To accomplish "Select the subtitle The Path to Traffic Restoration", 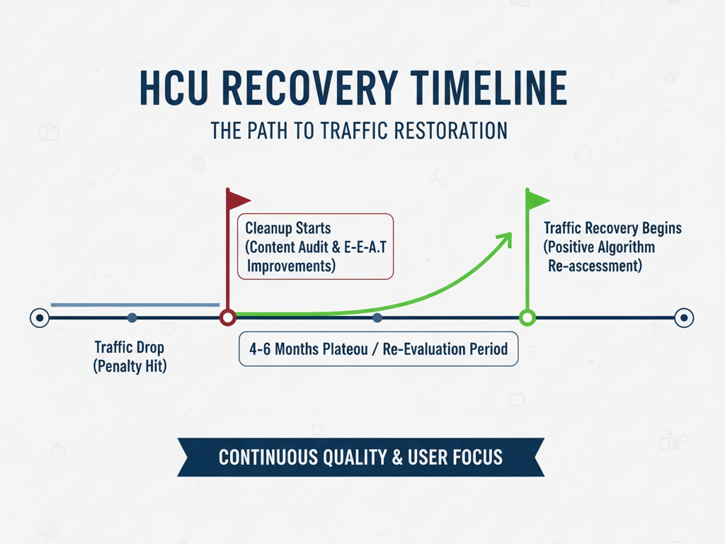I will [359, 131].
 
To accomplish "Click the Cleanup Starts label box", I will [315, 246].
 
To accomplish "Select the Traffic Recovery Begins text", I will [612, 228].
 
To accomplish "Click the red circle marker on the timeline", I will [227, 318].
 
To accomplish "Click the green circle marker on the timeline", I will [527, 318].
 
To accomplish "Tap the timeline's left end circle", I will [39, 318].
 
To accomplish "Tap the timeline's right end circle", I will [683, 318].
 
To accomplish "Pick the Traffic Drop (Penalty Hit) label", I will [130, 358].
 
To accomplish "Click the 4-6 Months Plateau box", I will [378, 349].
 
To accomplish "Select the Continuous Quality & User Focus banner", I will [360, 457].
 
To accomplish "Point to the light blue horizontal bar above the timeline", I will [135, 305].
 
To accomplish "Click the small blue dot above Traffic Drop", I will [132, 318].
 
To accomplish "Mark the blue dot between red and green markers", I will [377, 318].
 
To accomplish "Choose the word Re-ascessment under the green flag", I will [595, 266].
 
